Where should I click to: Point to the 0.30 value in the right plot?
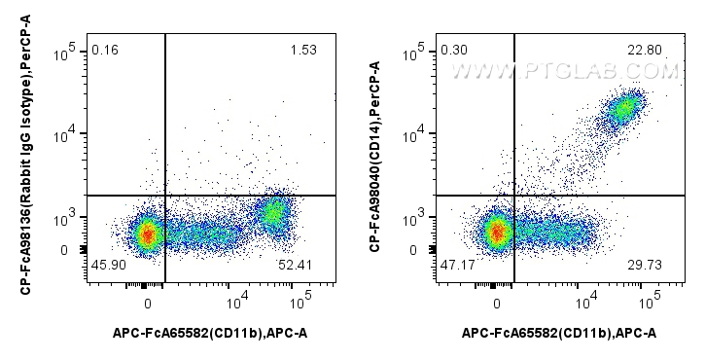(x=453, y=50)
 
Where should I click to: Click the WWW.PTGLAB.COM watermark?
(x=565, y=71)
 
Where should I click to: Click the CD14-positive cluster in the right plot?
(x=623, y=108)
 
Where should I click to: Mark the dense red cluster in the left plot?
(x=147, y=234)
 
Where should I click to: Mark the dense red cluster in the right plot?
(x=497, y=232)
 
